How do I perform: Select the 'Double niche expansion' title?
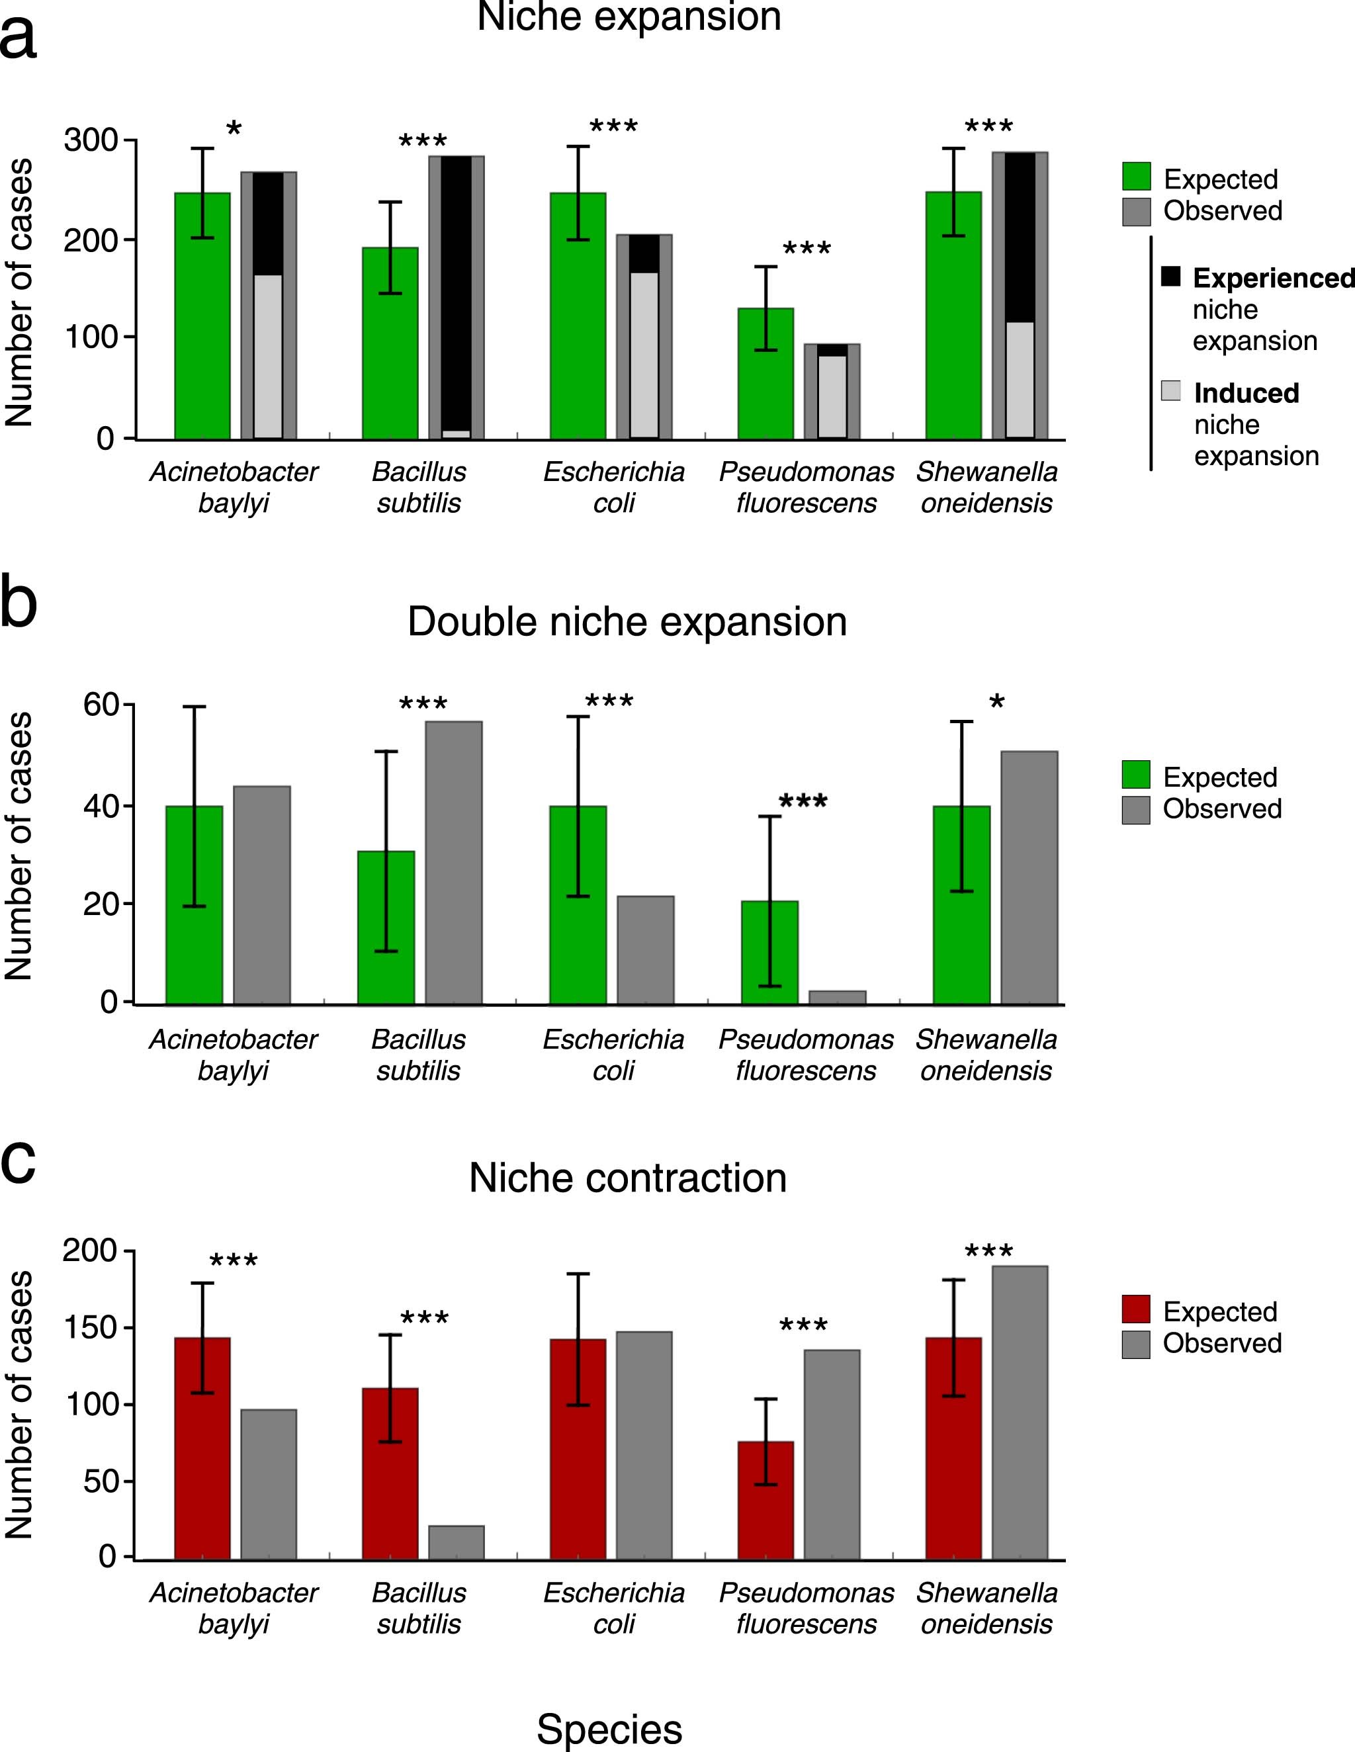(627, 622)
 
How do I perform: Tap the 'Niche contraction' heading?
(627, 1178)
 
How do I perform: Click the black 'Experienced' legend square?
(1171, 277)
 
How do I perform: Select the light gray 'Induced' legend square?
(1171, 390)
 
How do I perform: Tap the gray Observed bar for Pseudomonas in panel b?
(837, 997)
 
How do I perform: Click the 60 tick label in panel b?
(101, 705)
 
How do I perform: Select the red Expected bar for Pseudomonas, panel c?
(765, 1500)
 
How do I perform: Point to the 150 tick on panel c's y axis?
(88, 1328)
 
